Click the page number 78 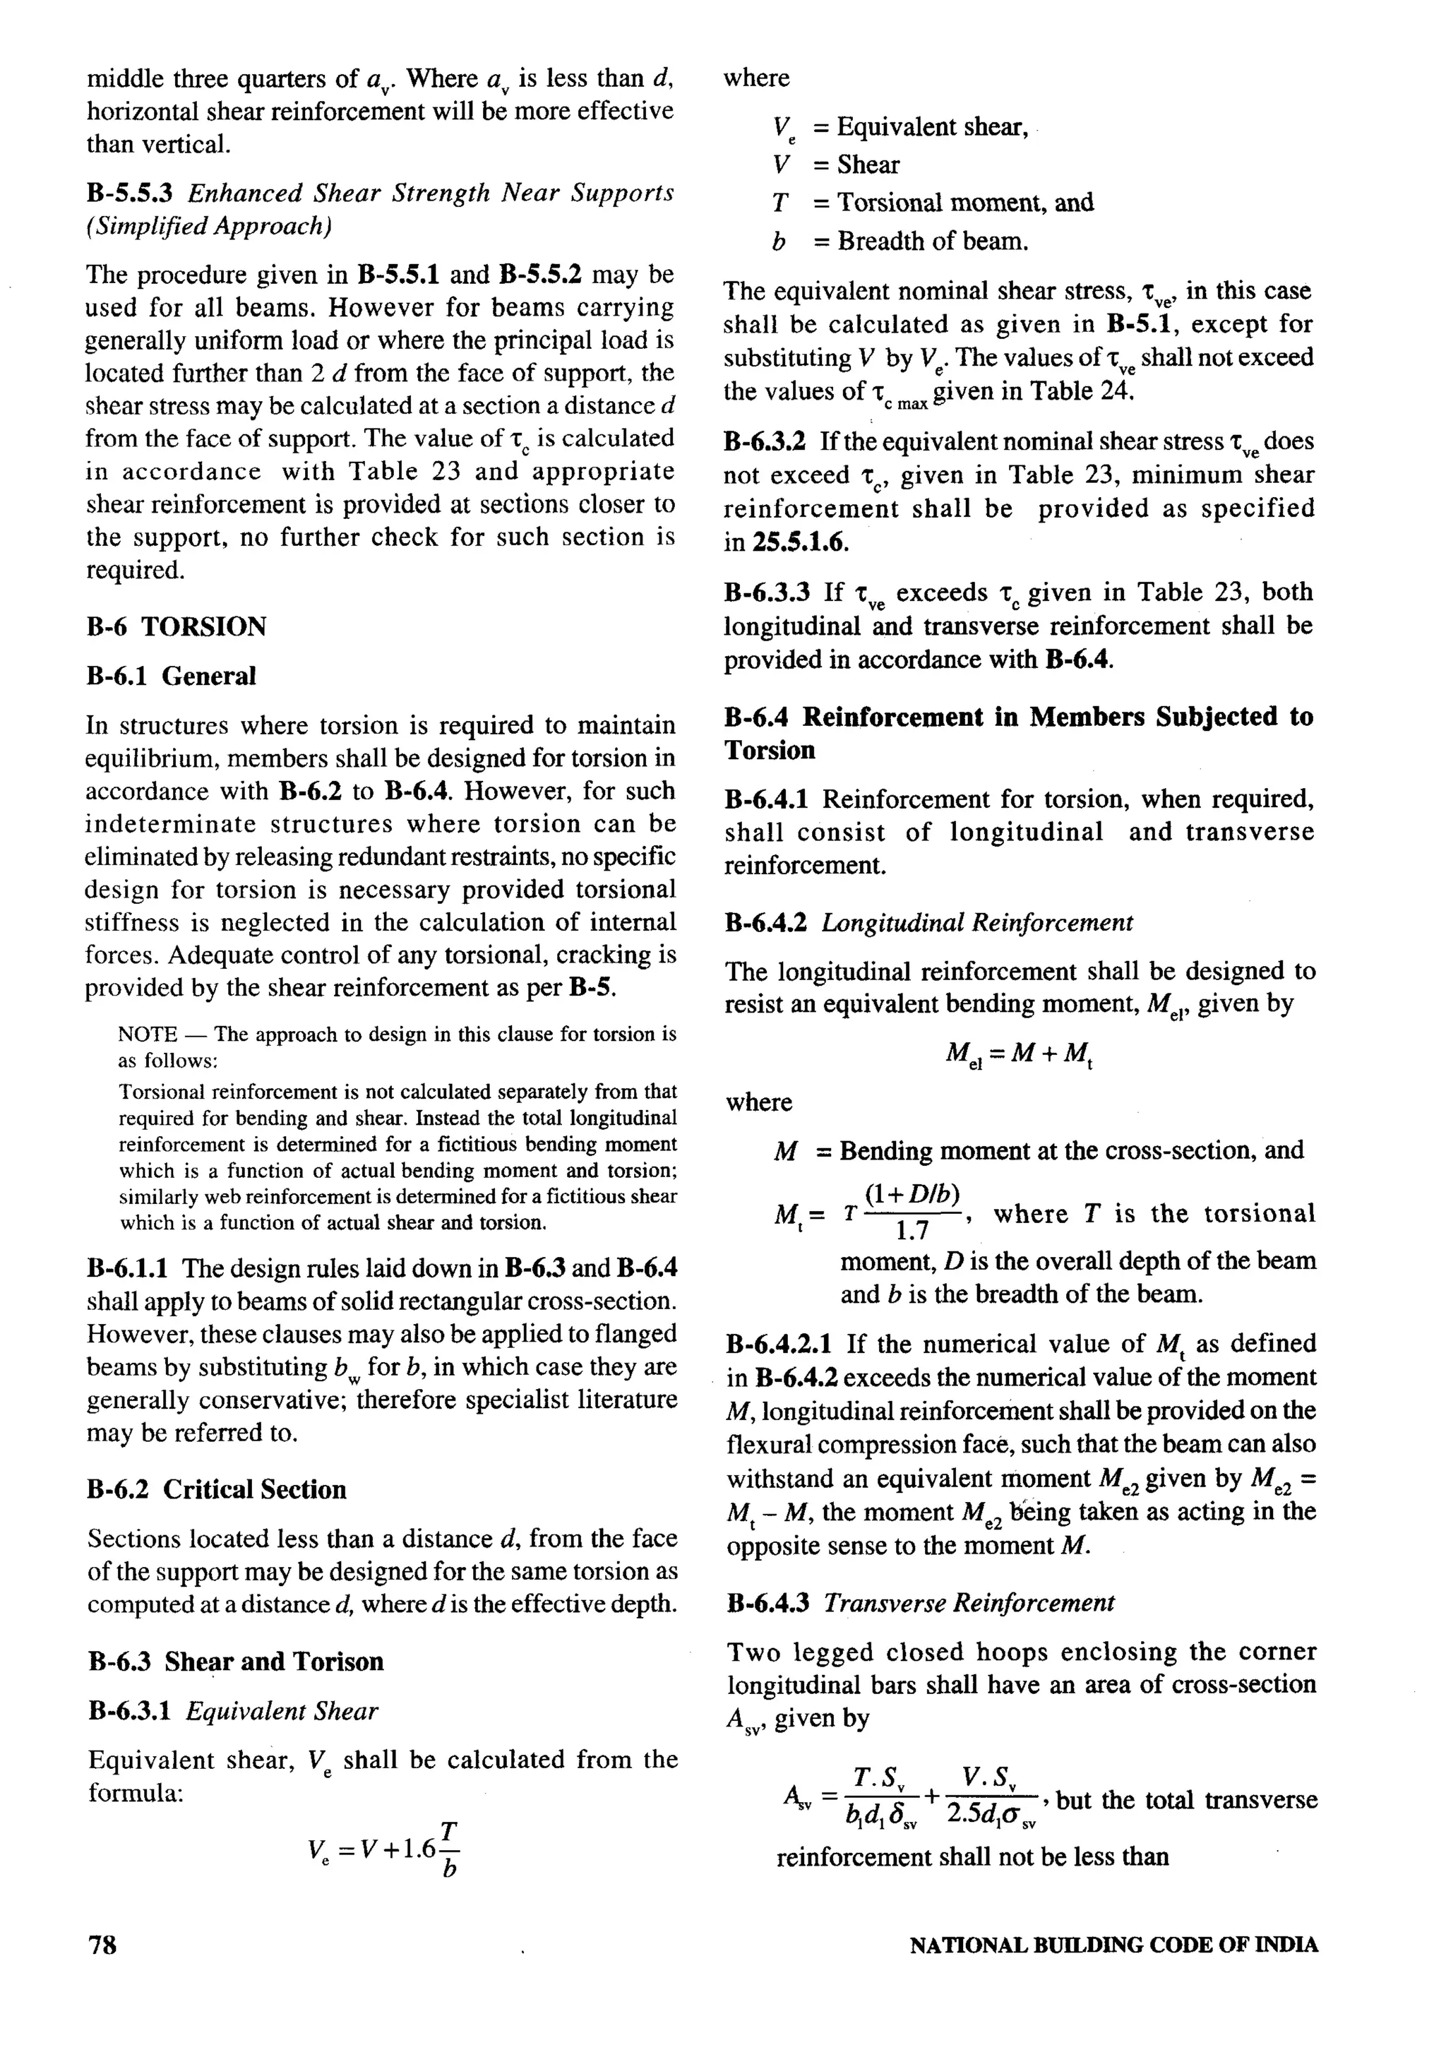[x=102, y=1945]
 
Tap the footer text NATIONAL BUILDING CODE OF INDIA [x=1113, y=1945]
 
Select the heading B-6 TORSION [x=177, y=627]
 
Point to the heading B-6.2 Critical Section [x=216, y=1489]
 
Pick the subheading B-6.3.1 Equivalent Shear [x=233, y=1711]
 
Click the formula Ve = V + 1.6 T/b [x=383, y=1850]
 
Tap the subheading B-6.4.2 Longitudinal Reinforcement [x=930, y=923]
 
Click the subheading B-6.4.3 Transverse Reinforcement [x=920, y=1603]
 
